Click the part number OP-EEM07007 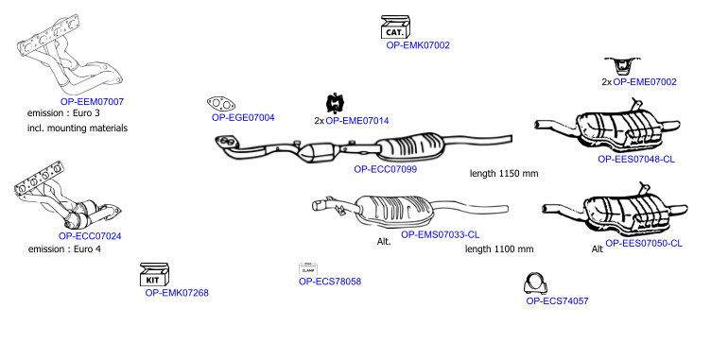click(92, 101)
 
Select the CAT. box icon click(395, 27)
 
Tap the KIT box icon click(154, 274)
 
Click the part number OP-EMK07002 click(418, 45)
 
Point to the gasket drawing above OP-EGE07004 click(221, 104)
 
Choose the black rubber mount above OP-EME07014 click(336, 103)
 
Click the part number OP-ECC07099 click(386, 169)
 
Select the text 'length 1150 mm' click(504, 173)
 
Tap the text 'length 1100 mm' click(499, 249)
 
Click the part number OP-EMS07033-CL click(440, 234)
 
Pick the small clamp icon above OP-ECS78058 click(308, 269)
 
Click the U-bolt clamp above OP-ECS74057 click(535, 283)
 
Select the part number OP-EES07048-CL click(636, 159)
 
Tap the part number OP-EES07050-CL click(644, 243)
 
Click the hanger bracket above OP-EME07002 click(622, 66)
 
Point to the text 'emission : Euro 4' click(64, 249)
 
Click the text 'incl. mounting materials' click(78, 128)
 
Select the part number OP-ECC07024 click(90, 236)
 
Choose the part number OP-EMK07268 click(177, 293)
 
